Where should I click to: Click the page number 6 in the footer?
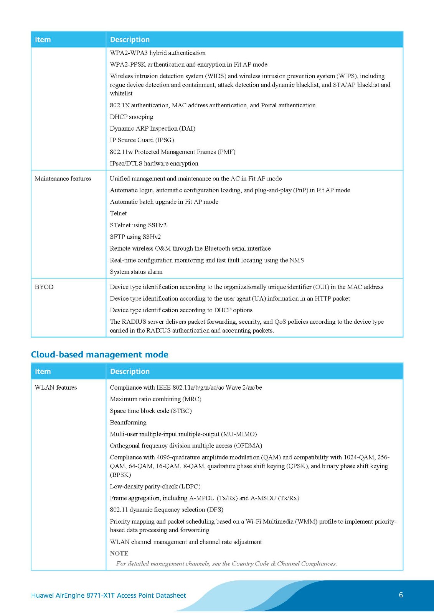coord(401,595)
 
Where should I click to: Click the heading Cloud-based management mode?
coord(99,354)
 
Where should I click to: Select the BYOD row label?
coord(44,287)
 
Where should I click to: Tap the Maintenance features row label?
coord(63,179)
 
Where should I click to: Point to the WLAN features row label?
coord(56,387)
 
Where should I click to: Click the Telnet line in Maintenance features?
coord(118,213)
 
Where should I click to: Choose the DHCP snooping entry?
coord(131,117)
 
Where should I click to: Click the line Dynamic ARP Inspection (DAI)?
coord(152,128)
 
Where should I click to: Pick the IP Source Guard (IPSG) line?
coord(142,140)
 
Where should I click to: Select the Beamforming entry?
coord(128,422)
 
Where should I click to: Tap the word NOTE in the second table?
coord(119,553)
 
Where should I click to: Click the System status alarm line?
coord(136,272)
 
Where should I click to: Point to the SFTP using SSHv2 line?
coord(135,237)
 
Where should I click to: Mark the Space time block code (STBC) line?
coord(150,411)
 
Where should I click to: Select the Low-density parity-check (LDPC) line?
coord(155,486)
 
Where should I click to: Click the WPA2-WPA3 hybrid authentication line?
coord(157,53)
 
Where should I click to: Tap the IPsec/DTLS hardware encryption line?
coord(154,164)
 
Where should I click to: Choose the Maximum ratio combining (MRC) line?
coord(155,399)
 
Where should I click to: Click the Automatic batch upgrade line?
coord(164,202)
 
